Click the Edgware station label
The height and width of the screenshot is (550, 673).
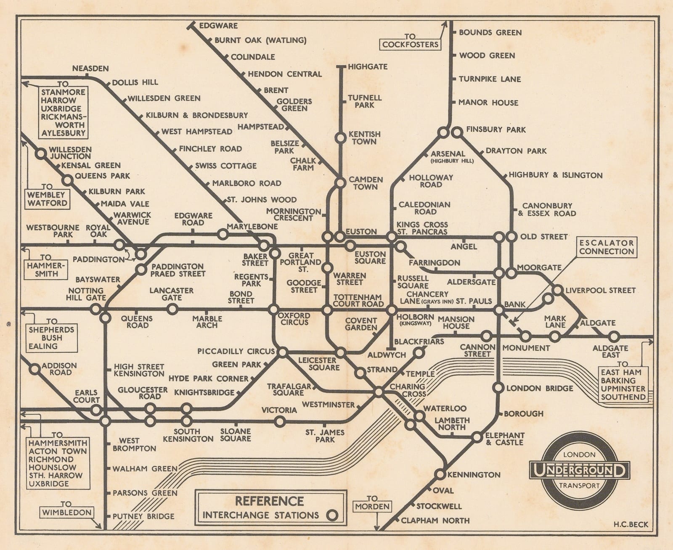coord(218,26)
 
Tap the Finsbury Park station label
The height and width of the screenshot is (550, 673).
coord(496,130)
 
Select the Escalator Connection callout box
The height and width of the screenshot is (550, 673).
coord(606,247)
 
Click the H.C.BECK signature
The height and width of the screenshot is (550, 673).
coord(631,524)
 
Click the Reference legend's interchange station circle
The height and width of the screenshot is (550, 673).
coord(332,515)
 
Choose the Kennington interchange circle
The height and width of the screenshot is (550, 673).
coord(440,474)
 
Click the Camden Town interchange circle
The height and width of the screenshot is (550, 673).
coord(340,183)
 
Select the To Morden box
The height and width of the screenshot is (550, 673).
coord(372,506)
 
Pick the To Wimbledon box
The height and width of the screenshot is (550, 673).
coord(66,512)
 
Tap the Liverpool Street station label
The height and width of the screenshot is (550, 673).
coord(600,290)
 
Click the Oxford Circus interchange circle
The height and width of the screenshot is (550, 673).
coord(273,310)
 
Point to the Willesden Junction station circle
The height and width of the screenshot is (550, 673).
coord(41,154)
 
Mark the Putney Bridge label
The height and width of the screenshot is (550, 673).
coord(143,516)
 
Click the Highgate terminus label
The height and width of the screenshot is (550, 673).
coord(368,66)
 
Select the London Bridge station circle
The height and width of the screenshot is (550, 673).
coord(498,388)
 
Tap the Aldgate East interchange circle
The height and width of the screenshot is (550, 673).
coord(614,336)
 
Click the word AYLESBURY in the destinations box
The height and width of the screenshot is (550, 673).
coord(63,133)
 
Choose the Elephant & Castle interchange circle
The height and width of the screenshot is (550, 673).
coord(477,437)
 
